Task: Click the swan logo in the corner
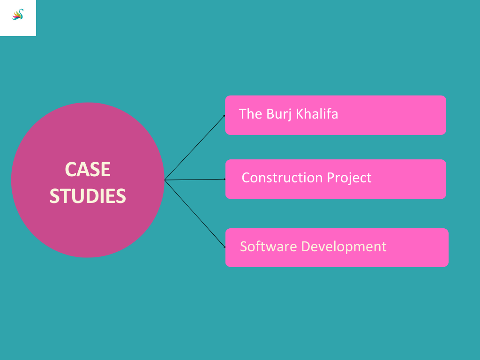(x=18, y=15)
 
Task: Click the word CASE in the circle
(x=88, y=170)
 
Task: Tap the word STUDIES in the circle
(x=88, y=196)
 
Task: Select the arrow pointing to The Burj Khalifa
(x=195, y=147)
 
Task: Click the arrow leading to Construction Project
(x=195, y=180)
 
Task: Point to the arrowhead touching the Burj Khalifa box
(x=224, y=116)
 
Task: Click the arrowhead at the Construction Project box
(x=224, y=179)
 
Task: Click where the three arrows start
(x=165, y=180)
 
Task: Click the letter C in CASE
(x=70, y=170)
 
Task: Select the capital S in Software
(x=244, y=247)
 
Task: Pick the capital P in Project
(x=331, y=178)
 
